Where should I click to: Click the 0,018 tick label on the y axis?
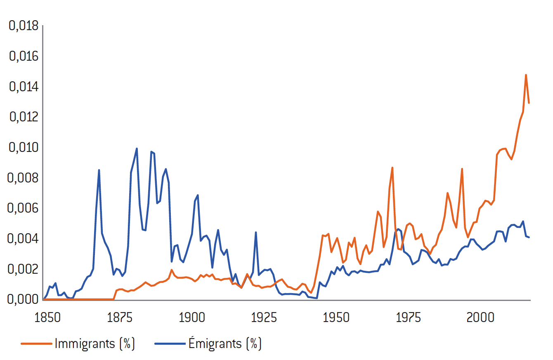click(23, 26)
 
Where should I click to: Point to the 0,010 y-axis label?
click(23, 147)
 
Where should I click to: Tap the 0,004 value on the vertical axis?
click(23, 239)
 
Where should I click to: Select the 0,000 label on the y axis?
click(23, 299)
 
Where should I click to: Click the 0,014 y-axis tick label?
click(23, 87)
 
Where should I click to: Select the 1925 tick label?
click(264, 318)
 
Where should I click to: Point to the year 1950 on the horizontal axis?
click(336, 318)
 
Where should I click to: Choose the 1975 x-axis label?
click(408, 318)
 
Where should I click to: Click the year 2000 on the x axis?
click(480, 318)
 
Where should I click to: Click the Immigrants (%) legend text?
click(95, 343)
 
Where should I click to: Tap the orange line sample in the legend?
click(36, 344)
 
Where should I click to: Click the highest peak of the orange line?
click(526, 75)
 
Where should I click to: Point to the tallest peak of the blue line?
click(137, 149)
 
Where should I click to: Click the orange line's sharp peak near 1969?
click(392, 168)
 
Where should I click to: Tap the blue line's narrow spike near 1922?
click(256, 232)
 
